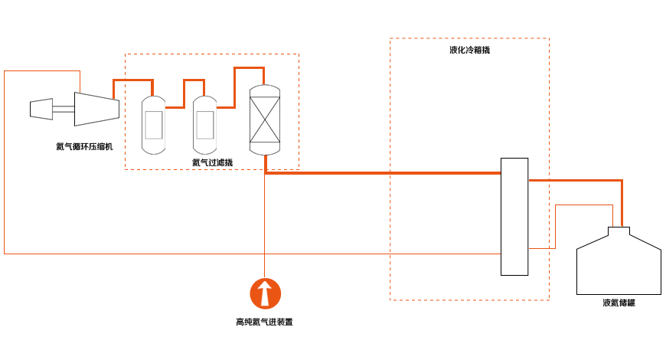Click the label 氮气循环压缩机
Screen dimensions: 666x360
coord(84,146)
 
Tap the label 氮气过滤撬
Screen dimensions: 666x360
coord(212,162)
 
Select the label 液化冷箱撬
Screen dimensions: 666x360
coord(470,50)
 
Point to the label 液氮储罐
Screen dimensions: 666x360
coord(619,303)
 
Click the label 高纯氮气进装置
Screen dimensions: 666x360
coord(264,322)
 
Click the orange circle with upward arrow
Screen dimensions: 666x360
coord(265,293)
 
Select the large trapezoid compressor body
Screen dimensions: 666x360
coord(97,110)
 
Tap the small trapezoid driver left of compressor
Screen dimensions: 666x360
coord(41,110)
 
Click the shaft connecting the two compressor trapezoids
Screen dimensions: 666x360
coord(64,110)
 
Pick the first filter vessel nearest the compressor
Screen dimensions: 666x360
coord(153,125)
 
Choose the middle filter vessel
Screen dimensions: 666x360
coord(204,125)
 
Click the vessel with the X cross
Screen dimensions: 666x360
coord(265,119)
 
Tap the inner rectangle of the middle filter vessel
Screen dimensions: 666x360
coord(204,125)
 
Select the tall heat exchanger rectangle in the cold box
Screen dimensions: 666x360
coord(514,217)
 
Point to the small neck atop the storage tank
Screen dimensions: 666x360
coord(619,231)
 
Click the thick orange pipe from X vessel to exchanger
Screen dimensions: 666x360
coord(382,173)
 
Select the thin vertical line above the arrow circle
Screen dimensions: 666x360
coord(265,226)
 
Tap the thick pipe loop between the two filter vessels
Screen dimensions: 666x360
coord(184,93)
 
